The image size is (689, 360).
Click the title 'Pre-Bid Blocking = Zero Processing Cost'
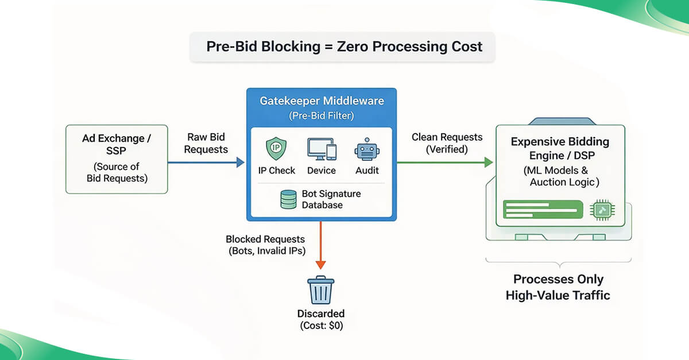coord(344,47)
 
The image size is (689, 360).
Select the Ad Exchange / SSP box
coord(117,159)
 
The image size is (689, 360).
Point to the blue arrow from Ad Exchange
coord(207,163)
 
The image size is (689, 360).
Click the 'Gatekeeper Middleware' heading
coord(321,101)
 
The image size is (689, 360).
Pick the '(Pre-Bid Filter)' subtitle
coord(321,115)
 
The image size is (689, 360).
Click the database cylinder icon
coord(288,200)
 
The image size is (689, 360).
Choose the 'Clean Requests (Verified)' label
coord(447,144)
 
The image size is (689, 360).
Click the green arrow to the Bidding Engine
coord(445,163)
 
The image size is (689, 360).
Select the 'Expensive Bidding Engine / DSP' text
coord(560,149)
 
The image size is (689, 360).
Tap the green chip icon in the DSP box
coord(602,211)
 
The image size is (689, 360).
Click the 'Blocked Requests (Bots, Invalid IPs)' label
coord(265,245)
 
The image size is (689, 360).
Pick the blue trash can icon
coord(320,290)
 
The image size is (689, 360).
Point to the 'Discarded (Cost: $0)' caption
coord(320,320)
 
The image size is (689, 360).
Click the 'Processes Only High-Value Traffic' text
coord(558,287)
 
